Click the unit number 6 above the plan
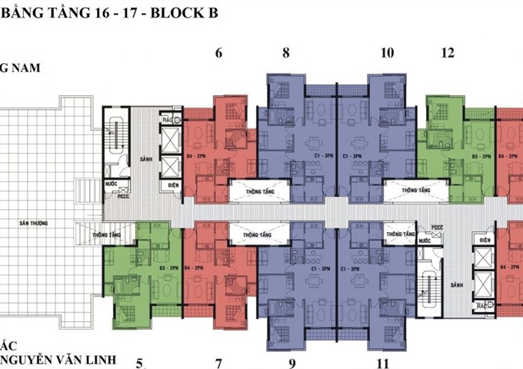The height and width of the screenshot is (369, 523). pyautogui.click(x=219, y=53)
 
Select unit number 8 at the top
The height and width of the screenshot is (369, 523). pyautogui.click(x=286, y=53)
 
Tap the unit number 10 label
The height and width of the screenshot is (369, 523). pyautogui.click(x=387, y=53)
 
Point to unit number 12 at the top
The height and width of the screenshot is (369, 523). pyautogui.click(x=448, y=53)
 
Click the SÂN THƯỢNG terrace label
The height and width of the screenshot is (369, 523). pyautogui.click(x=35, y=223)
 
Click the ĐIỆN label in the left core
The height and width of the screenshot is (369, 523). pyautogui.click(x=170, y=184)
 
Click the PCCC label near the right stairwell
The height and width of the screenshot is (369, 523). pyautogui.click(x=438, y=228)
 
